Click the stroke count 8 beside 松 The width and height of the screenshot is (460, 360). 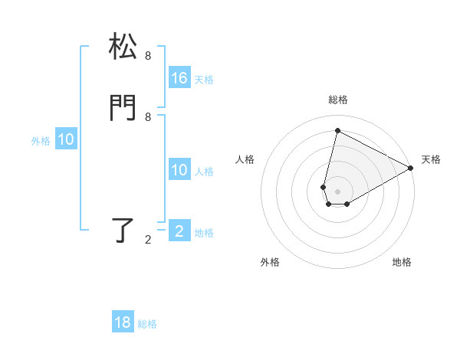pyautogui.click(x=148, y=56)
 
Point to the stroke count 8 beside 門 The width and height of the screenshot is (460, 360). pyautogui.click(x=148, y=116)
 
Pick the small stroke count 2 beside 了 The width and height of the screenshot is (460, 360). pyautogui.click(x=148, y=240)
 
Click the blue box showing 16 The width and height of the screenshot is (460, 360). pyautogui.click(x=179, y=78)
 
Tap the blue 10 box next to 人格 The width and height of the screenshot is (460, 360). pyautogui.click(x=179, y=170)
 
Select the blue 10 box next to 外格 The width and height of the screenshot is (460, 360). pyautogui.click(x=66, y=139)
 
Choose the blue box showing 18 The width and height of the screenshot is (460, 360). pyautogui.click(x=123, y=322)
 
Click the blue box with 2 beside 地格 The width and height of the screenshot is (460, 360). pyautogui.click(x=179, y=231)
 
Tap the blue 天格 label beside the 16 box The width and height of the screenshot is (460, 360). pyautogui.click(x=204, y=80)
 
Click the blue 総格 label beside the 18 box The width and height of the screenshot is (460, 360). pyautogui.click(x=147, y=324)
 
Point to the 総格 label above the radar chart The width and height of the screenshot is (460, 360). pyautogui.click(x=338, y=100)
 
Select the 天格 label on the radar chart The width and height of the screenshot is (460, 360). pyautogui.click(x=431, y=159)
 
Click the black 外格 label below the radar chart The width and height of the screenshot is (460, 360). pyautogui.click(x=270, y=263)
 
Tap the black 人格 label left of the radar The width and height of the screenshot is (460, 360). pyautogui.click(x=245, y=159)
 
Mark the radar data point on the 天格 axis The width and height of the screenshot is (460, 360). pyautogui.click(x=411, y=168)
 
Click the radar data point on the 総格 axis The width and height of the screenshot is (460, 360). pyautogui.click(x=337, y=130)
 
